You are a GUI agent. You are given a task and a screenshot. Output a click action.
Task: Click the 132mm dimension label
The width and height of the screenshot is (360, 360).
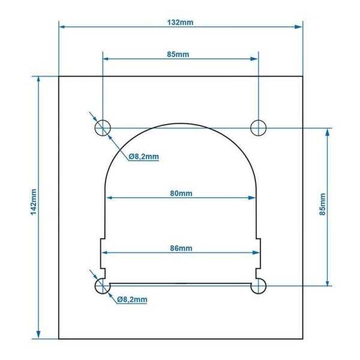tap(181, 22)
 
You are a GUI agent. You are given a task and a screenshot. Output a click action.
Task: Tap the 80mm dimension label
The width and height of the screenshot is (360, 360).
tap(181, 193)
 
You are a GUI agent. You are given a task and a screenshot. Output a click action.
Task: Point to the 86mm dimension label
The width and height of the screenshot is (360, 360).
tap(181, 248)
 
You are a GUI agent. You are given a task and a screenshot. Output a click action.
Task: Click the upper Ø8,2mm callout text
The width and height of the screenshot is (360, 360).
tap(143, 157)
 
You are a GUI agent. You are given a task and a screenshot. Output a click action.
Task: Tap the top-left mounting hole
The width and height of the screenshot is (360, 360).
tap(103, 127)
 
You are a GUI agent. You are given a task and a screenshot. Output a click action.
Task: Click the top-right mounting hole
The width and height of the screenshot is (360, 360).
tap(259, 127)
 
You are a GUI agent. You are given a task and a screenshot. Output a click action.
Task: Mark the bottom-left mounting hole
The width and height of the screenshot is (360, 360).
tap(103, 287)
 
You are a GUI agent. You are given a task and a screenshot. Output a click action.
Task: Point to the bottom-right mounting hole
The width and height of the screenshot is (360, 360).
tap(259, 287)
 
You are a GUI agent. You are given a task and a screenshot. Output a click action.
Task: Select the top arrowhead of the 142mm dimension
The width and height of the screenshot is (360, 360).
tap(40, 80)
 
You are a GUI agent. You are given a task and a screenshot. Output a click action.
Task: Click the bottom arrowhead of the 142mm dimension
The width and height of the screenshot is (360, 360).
tap(40, 335)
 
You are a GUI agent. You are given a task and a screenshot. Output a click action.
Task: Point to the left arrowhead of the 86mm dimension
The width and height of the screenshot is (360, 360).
tap(103, 252)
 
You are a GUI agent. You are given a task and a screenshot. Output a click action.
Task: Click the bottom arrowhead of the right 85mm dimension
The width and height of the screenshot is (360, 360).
tap(327, 283)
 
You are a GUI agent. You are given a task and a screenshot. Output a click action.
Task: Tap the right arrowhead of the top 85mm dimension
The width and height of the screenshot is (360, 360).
tap(255, 58)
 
